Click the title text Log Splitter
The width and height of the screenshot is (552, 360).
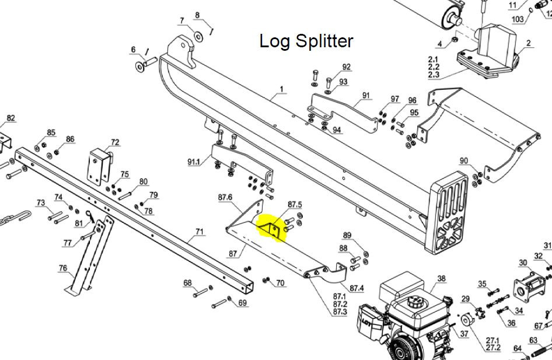coord(306,41)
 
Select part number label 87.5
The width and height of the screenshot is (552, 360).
coord(295,204)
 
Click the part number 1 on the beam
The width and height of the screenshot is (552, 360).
coord(281,89)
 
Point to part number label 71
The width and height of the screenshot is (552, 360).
coord(200,232)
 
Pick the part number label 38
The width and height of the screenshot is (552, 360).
coord(441,279)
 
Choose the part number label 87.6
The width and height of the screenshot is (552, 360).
coord(225,197)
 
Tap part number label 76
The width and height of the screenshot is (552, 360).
coord(62,268)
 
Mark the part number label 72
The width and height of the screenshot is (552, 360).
coord(115,142)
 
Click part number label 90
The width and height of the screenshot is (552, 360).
coord(464,161)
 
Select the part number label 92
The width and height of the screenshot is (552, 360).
coord(347,67)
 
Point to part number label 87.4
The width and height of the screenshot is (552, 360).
coord(357,288)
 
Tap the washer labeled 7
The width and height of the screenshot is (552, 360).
coord(198,37)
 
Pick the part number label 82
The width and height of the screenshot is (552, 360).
coord(11,118)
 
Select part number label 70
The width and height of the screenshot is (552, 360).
coord(280,284)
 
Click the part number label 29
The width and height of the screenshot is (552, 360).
coord(465,299)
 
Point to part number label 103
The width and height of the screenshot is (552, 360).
coord(517,19)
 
